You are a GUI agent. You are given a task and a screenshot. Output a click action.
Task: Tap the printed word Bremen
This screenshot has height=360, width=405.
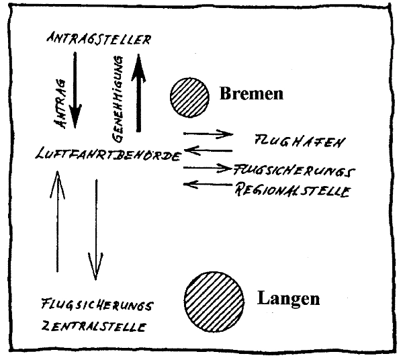tap(251, 93)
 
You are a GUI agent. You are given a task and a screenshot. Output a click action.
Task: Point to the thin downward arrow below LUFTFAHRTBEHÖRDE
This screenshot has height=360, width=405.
tap(96, 228)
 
